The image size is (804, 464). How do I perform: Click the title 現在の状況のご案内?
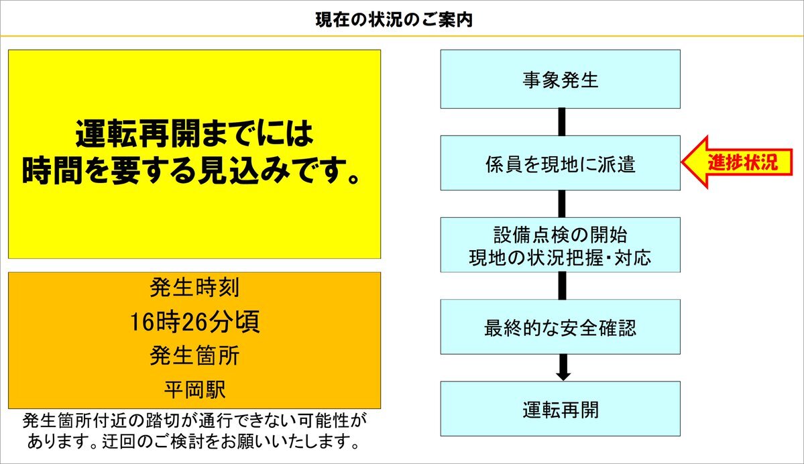394,20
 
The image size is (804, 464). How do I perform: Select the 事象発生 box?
561,79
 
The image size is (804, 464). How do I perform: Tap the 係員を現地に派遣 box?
561,163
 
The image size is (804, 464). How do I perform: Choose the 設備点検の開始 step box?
561,245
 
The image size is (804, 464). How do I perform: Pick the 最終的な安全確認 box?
561,327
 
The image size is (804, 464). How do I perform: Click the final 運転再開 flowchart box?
561,408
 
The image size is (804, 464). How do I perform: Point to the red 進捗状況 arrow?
737,162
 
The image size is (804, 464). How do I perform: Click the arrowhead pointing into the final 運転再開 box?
563,375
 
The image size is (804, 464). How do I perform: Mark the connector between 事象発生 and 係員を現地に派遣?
562,122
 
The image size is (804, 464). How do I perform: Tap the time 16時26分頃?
194,321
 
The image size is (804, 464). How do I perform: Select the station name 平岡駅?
195,390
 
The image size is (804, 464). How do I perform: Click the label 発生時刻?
195,287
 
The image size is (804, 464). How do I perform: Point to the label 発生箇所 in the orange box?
195,355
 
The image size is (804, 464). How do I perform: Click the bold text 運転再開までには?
194,134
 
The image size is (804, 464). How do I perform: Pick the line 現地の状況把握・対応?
561,257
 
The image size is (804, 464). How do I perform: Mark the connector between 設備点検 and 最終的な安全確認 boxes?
562,286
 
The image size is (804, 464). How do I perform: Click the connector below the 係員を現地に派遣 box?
562,204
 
